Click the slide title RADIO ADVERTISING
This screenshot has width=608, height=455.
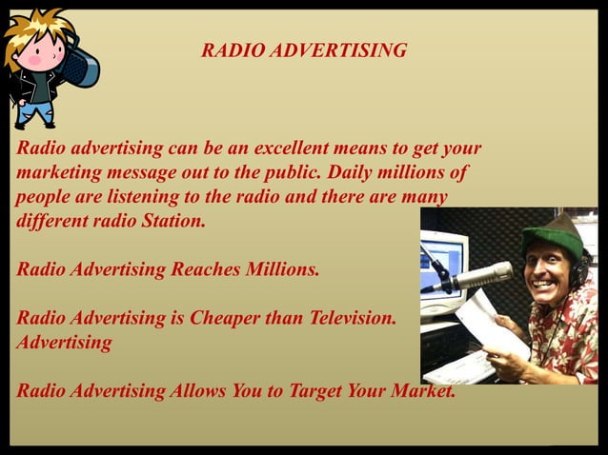point(304,50)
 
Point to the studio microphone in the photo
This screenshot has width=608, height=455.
point(476,277)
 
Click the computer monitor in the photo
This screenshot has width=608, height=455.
point(444,257)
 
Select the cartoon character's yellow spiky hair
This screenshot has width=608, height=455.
point(34,24)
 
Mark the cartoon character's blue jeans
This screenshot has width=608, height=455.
point(36,112)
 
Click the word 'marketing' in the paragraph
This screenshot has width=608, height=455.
point(57,173)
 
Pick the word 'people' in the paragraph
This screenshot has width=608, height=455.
point(44,197)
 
